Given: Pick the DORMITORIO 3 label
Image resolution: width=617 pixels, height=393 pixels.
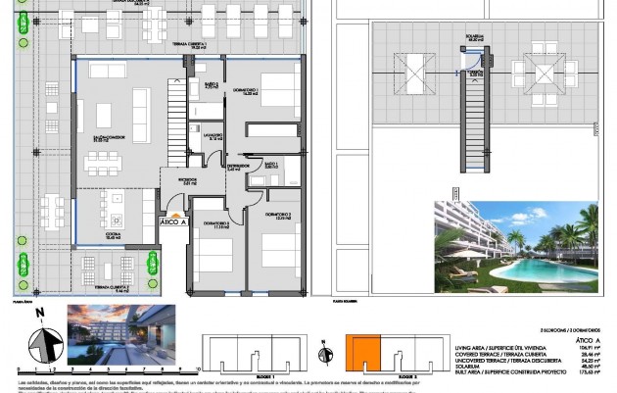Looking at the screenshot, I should [279, 217].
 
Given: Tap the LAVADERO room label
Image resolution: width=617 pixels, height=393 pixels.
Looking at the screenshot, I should [213, 136].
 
